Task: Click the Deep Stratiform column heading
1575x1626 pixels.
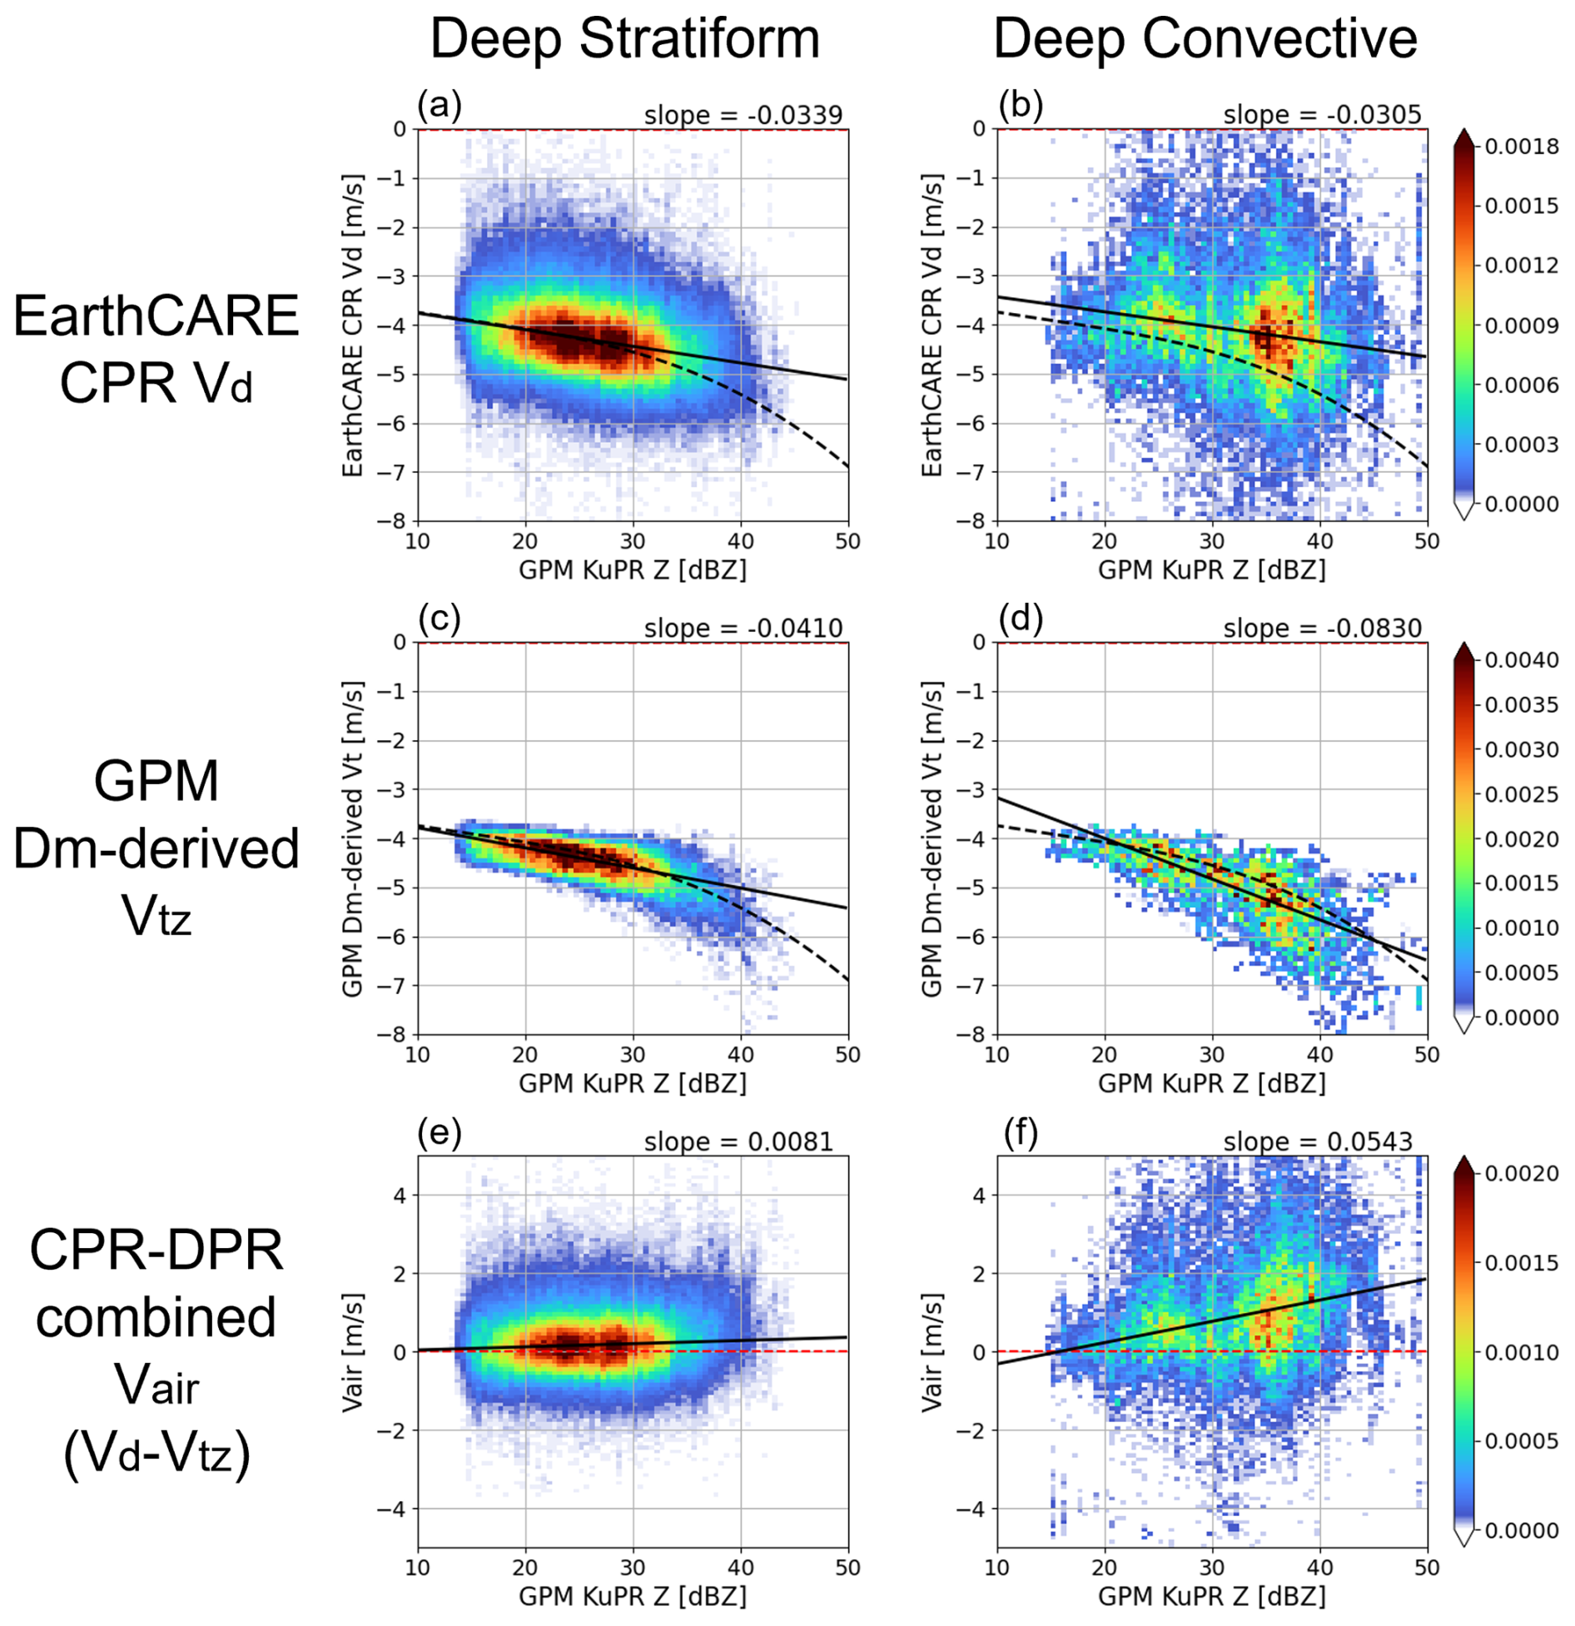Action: coord(624,39)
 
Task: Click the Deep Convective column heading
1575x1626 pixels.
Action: coord(1205,39)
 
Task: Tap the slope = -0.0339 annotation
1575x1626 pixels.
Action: coord(743,115)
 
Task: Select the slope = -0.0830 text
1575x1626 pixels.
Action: coord(1322,629)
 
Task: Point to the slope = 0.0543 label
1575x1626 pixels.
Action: coord(1318,1141)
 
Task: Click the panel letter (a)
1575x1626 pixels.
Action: coord(440,106)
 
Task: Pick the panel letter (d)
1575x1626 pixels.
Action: coord(1019,620)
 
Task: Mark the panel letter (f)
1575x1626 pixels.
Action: coord(1019,1134)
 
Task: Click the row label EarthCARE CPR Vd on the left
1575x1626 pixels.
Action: coord(156,350)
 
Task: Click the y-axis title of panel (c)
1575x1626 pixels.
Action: coord(353,838)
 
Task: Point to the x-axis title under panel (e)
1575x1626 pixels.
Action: coord(633,1595)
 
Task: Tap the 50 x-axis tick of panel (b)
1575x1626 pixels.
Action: coord(1427,541)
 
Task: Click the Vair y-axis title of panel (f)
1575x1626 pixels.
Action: coord(932,1352)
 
